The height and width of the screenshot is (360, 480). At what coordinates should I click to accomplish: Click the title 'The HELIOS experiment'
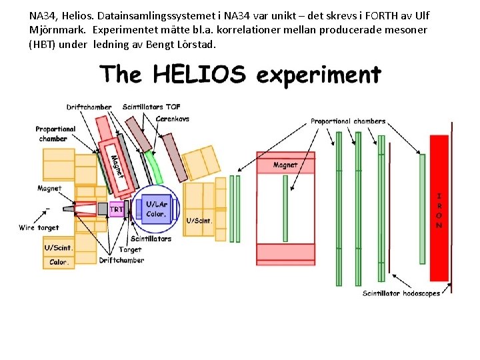[240, 74]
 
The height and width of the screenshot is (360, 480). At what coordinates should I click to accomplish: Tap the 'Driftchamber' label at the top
[89, 107]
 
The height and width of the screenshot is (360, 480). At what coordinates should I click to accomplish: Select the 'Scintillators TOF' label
[151, 107]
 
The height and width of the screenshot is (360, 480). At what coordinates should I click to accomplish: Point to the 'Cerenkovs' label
[173, 119]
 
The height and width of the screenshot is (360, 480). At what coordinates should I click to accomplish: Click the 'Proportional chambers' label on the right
[348, 121]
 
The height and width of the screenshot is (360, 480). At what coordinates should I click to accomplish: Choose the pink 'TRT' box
[117, 209]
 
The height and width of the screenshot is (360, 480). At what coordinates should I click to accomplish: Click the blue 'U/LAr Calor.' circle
[156, 209]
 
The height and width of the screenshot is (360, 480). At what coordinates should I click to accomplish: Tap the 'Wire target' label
[39, 228]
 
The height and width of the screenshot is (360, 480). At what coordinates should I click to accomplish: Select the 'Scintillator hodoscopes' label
[401, 293]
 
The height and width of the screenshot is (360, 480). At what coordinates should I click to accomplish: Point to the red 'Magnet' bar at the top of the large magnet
[285, 165]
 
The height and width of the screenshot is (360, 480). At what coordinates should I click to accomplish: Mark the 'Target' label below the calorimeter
[130, 249]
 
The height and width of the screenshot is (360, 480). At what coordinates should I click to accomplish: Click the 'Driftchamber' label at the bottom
[121, 260]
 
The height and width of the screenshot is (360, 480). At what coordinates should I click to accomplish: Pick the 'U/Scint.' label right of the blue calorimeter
[199, 221]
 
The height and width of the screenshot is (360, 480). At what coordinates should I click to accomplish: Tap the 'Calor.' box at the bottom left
[59, 262]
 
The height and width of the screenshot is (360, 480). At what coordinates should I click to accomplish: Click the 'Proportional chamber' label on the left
[55, 133]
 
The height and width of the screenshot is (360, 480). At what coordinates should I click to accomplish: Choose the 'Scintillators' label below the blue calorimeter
[151, 239]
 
